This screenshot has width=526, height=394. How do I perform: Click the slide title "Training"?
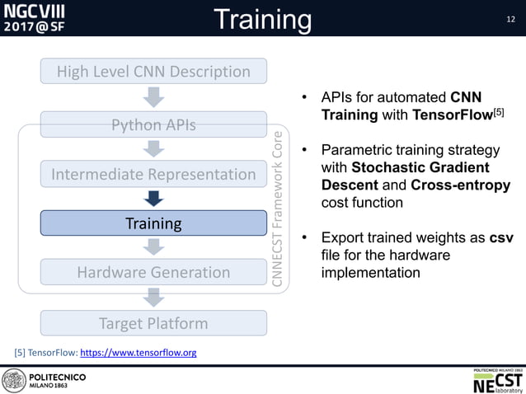point(262,19)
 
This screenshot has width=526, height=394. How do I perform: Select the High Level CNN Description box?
point(153,72)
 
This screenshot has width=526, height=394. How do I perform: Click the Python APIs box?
point(153,125)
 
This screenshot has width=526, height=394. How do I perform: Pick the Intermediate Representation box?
point(153,174)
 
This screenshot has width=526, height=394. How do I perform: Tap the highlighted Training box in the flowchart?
point(153,223)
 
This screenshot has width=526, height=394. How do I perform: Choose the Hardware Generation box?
point(153,272)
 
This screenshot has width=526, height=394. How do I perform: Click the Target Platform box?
point(153,323)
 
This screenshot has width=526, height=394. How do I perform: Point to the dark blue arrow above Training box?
point(153,199)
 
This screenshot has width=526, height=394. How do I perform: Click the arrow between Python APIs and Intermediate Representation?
point(153,149)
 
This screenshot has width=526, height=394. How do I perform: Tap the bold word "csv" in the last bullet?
point(501,238)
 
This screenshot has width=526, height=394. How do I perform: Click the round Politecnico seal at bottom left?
point(14,381)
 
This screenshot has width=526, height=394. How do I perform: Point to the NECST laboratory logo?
point(497,380)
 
